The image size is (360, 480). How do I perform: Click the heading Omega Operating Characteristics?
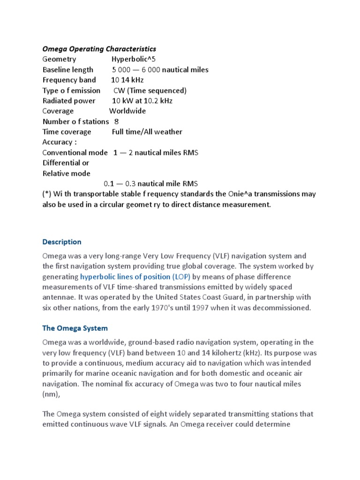click(x=99, y=49)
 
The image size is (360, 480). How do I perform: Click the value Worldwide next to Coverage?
click(x=127, y=111)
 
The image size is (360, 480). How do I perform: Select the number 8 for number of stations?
click(x=117, y=121)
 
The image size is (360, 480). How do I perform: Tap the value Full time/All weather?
click(x=147, y=132)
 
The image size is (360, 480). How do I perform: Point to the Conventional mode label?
click(x=71, y=152)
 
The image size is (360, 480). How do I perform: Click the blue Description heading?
click(x=61, y=242)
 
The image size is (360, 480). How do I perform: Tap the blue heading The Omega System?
click(x=75, y=328)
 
